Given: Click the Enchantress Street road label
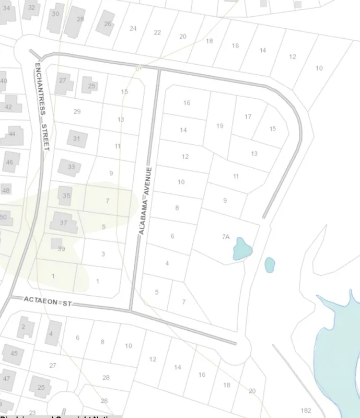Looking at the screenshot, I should pos(41,107).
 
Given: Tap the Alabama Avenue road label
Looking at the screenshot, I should pos(144,201).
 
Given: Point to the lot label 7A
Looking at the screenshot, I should pos(225,237).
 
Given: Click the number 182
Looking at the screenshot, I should pos(306,411).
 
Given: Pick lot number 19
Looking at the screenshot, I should pos(219,126).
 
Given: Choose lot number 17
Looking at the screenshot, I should pos(248,117).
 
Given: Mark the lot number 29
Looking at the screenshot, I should pos(77,111).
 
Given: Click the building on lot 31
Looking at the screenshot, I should pos(77,138).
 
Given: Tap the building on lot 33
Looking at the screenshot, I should pos(70,167).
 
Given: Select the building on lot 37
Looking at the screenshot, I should pos(63,223).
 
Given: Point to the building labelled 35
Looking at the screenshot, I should pos(66,195).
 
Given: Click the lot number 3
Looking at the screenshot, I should pos(103,254).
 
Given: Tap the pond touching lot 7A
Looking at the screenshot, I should pos(242,249).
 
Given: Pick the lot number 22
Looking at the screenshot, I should pos(157,32).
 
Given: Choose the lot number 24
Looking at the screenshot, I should pos(133,28).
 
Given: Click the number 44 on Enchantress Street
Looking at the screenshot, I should pos(13,134).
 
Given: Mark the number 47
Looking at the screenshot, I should pos(7,378).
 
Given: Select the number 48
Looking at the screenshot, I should pos(6,190).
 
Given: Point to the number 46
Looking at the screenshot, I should pos(9,162).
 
